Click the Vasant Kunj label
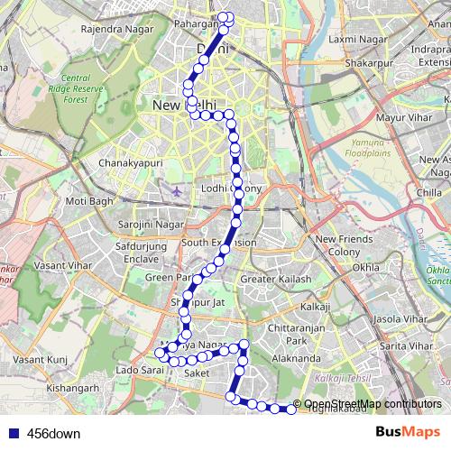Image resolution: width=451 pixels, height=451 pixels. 41,359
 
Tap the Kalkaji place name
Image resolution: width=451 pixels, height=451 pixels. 316,307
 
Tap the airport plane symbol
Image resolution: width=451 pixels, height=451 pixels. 176,191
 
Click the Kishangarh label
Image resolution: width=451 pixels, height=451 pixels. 73,388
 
